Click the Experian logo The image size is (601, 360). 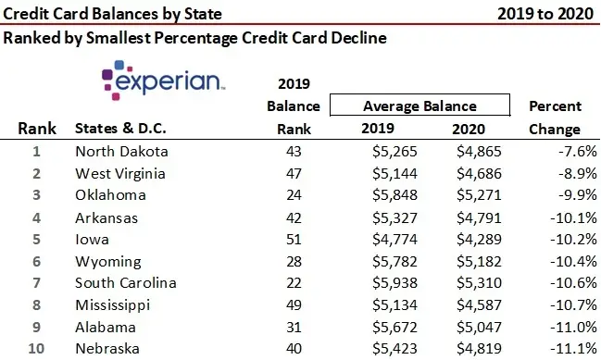pyautogui.click(x=163, y=81)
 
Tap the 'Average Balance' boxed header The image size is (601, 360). pyautogui.click(x=419, y=106)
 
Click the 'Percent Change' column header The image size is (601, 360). pyautogui.click(x=554, y=118)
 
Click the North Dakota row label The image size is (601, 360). pyautogui.click(x=122, y=152)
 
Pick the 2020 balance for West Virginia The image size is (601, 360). pyautogui.click(x=479, y=173)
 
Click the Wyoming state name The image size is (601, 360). pyautogui.click(x=107, y=262)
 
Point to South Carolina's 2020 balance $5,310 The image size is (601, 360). pyautogui.click(x=479, y=283)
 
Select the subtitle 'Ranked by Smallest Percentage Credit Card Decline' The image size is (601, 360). pyautogui.click(x=194, y=39)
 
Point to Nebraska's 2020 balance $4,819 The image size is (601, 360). pyautogui.click(x=479, y=349)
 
